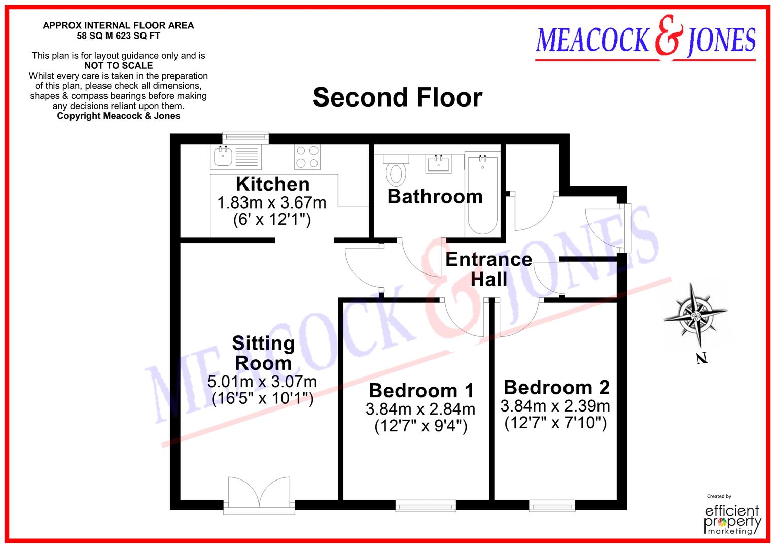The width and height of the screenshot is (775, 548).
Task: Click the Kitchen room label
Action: click(x=272, y=184)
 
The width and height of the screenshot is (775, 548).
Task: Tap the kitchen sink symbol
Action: click(x=223, y=156)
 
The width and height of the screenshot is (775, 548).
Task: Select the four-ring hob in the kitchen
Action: click(x=307, y=157)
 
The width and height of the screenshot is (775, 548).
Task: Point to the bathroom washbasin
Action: click(x=439, y=163)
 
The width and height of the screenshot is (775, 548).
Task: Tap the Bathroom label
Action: click(x=435, y=196)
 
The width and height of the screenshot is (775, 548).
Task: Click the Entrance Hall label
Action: click(x=488, y=269)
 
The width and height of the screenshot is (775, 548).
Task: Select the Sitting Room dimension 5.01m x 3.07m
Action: click(x=262, y=382)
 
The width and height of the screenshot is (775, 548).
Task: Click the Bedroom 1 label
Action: click(x=421, y=390)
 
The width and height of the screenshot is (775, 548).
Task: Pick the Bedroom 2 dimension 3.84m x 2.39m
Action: click(x=555, y=406)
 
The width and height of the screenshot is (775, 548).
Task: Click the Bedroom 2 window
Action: click(x=552, y=505)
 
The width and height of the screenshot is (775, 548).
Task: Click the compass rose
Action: click(x=695, y=316)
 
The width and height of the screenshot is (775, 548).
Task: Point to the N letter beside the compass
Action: click(x=701, y=359)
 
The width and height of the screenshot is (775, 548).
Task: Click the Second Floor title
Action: click(x=397, y=97)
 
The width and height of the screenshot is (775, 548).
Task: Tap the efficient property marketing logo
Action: click(x=733, y=519)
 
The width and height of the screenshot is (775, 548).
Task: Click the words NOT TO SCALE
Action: click(x=118, y=65)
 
